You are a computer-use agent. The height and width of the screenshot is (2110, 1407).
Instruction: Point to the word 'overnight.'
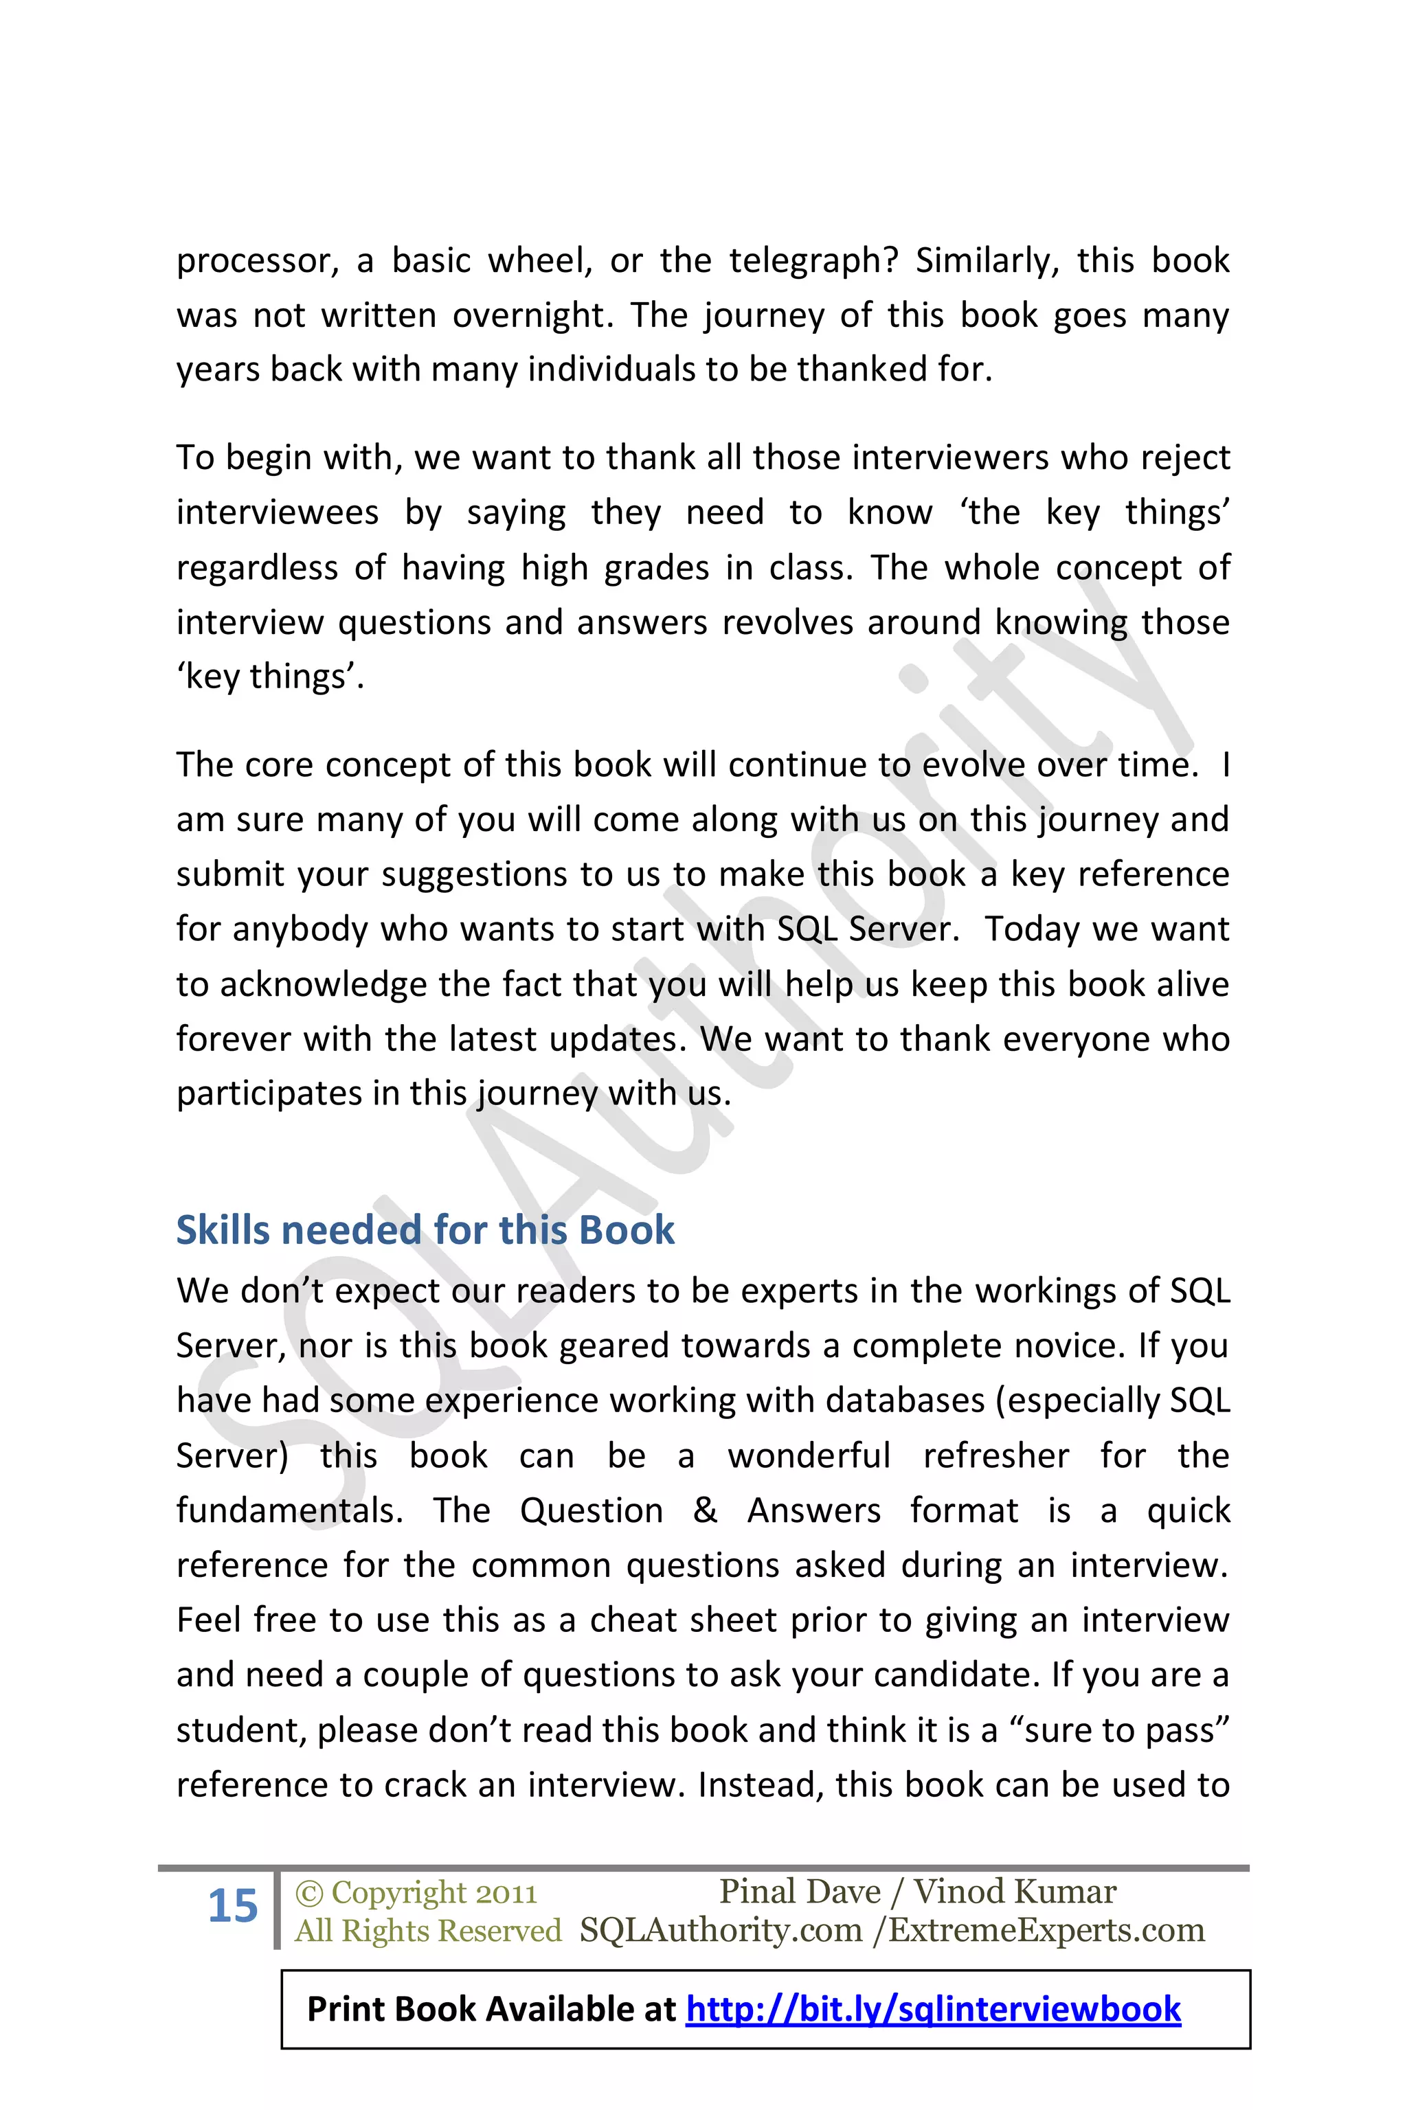point(533,316)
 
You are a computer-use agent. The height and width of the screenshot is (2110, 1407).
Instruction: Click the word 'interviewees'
point(278,512)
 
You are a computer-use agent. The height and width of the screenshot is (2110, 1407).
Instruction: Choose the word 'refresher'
point(996,1456)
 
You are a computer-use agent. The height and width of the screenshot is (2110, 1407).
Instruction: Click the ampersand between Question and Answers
point(706,1511)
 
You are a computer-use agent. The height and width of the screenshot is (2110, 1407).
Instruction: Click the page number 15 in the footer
point(232,1907)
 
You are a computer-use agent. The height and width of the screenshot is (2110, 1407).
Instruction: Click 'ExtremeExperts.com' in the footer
point(1046,1929)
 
